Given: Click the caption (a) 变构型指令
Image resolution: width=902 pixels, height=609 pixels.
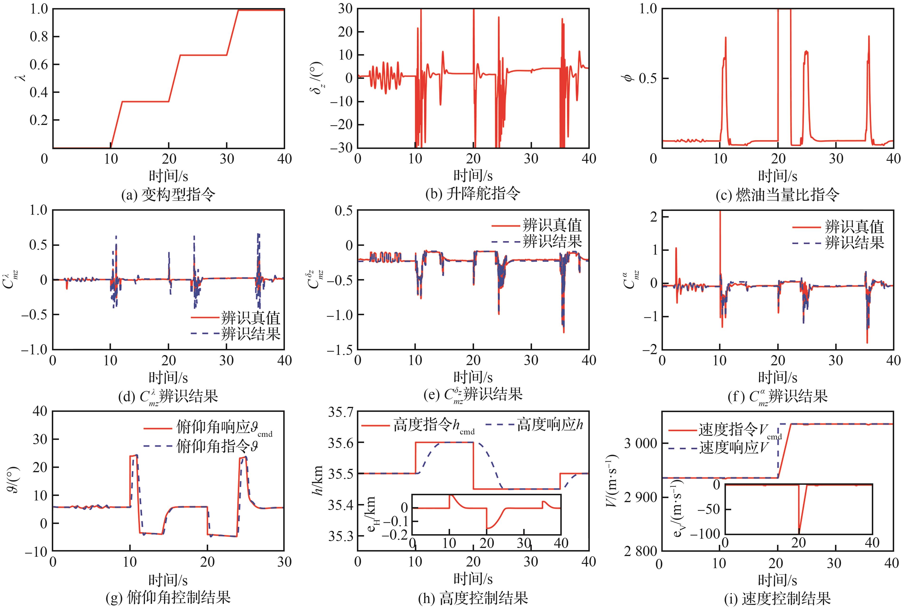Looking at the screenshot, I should point(168,194).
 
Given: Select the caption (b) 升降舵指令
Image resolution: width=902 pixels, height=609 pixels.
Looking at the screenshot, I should point(473,193).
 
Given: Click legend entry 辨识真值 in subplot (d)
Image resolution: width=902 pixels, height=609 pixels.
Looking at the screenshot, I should point(250,318).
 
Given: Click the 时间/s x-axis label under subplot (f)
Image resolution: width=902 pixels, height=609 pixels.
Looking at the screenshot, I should point(777,377).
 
